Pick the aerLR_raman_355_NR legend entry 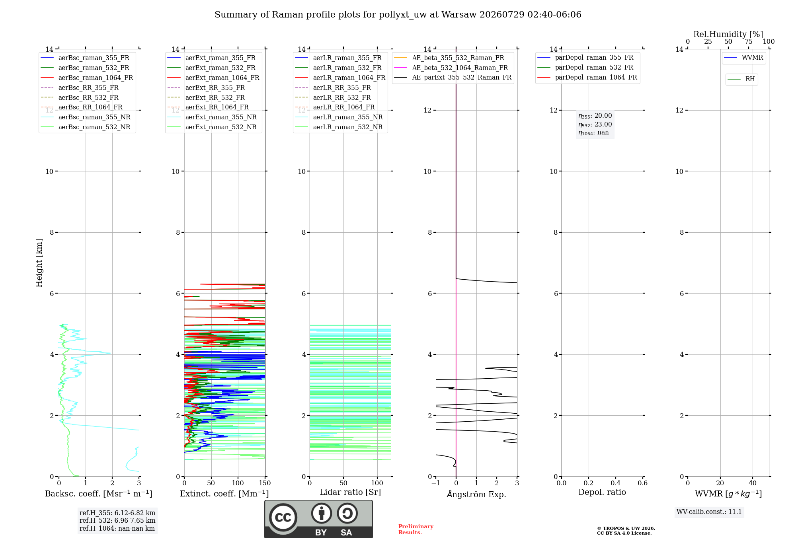coord(339,117)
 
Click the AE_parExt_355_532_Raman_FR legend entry coord(453,77)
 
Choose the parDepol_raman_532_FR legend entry coord(585,68)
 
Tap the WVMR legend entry coord(743,58)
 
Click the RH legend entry coord(741,79)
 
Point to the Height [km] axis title coord(39,263)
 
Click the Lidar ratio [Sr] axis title coord(350,492)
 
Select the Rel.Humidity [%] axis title coord(728,34)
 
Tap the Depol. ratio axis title coord(602,492)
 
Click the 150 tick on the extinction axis coord(265,483)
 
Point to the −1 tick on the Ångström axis coord(436,483)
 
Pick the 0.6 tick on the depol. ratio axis coord(642,483)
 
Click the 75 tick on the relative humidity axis coord(749,42)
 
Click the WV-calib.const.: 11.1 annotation coord(709,512)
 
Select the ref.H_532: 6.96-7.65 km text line coord(117,520)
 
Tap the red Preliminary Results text coord(416,529)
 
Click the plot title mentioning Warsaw coord(398,15)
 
